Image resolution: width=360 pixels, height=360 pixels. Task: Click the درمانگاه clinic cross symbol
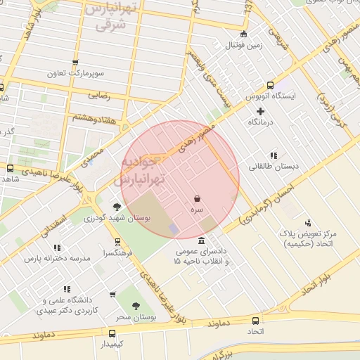(261, 111)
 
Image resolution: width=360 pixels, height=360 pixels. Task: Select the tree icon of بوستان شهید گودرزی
(117, 207)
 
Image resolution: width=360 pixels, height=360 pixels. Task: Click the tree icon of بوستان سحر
(136, 306)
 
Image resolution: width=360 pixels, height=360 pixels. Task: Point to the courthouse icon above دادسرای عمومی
(202, 241)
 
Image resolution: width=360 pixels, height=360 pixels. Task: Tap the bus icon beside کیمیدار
(112, 333)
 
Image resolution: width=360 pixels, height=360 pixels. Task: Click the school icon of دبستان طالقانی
(273, 155)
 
